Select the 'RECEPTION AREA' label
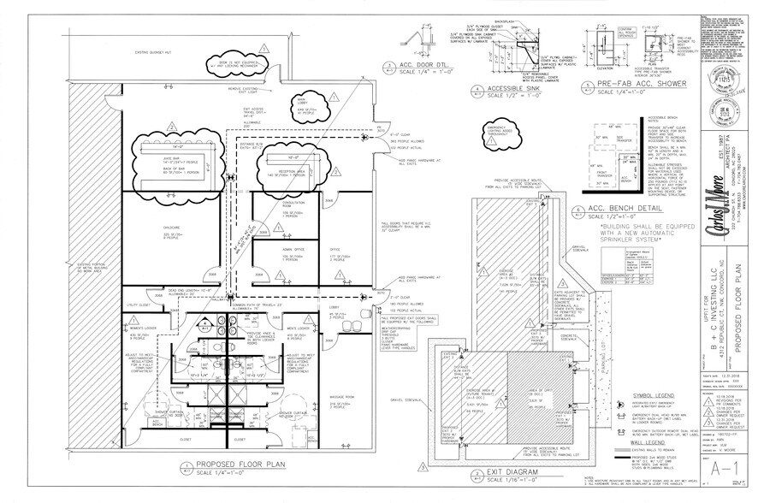295,169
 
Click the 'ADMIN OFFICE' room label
293,250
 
